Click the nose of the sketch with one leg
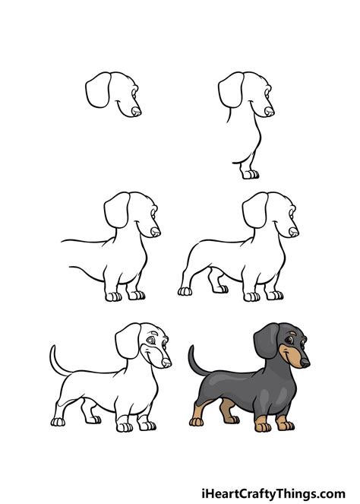(x=270, y=112)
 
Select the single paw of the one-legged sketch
(x=250, y=173)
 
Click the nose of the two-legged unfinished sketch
(x=155, y=231)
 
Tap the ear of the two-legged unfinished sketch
(x=115, y=210)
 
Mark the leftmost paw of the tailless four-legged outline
(x=185, y=290)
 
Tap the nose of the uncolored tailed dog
(x=167, y=362)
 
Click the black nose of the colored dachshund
(x=305, y=363)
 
